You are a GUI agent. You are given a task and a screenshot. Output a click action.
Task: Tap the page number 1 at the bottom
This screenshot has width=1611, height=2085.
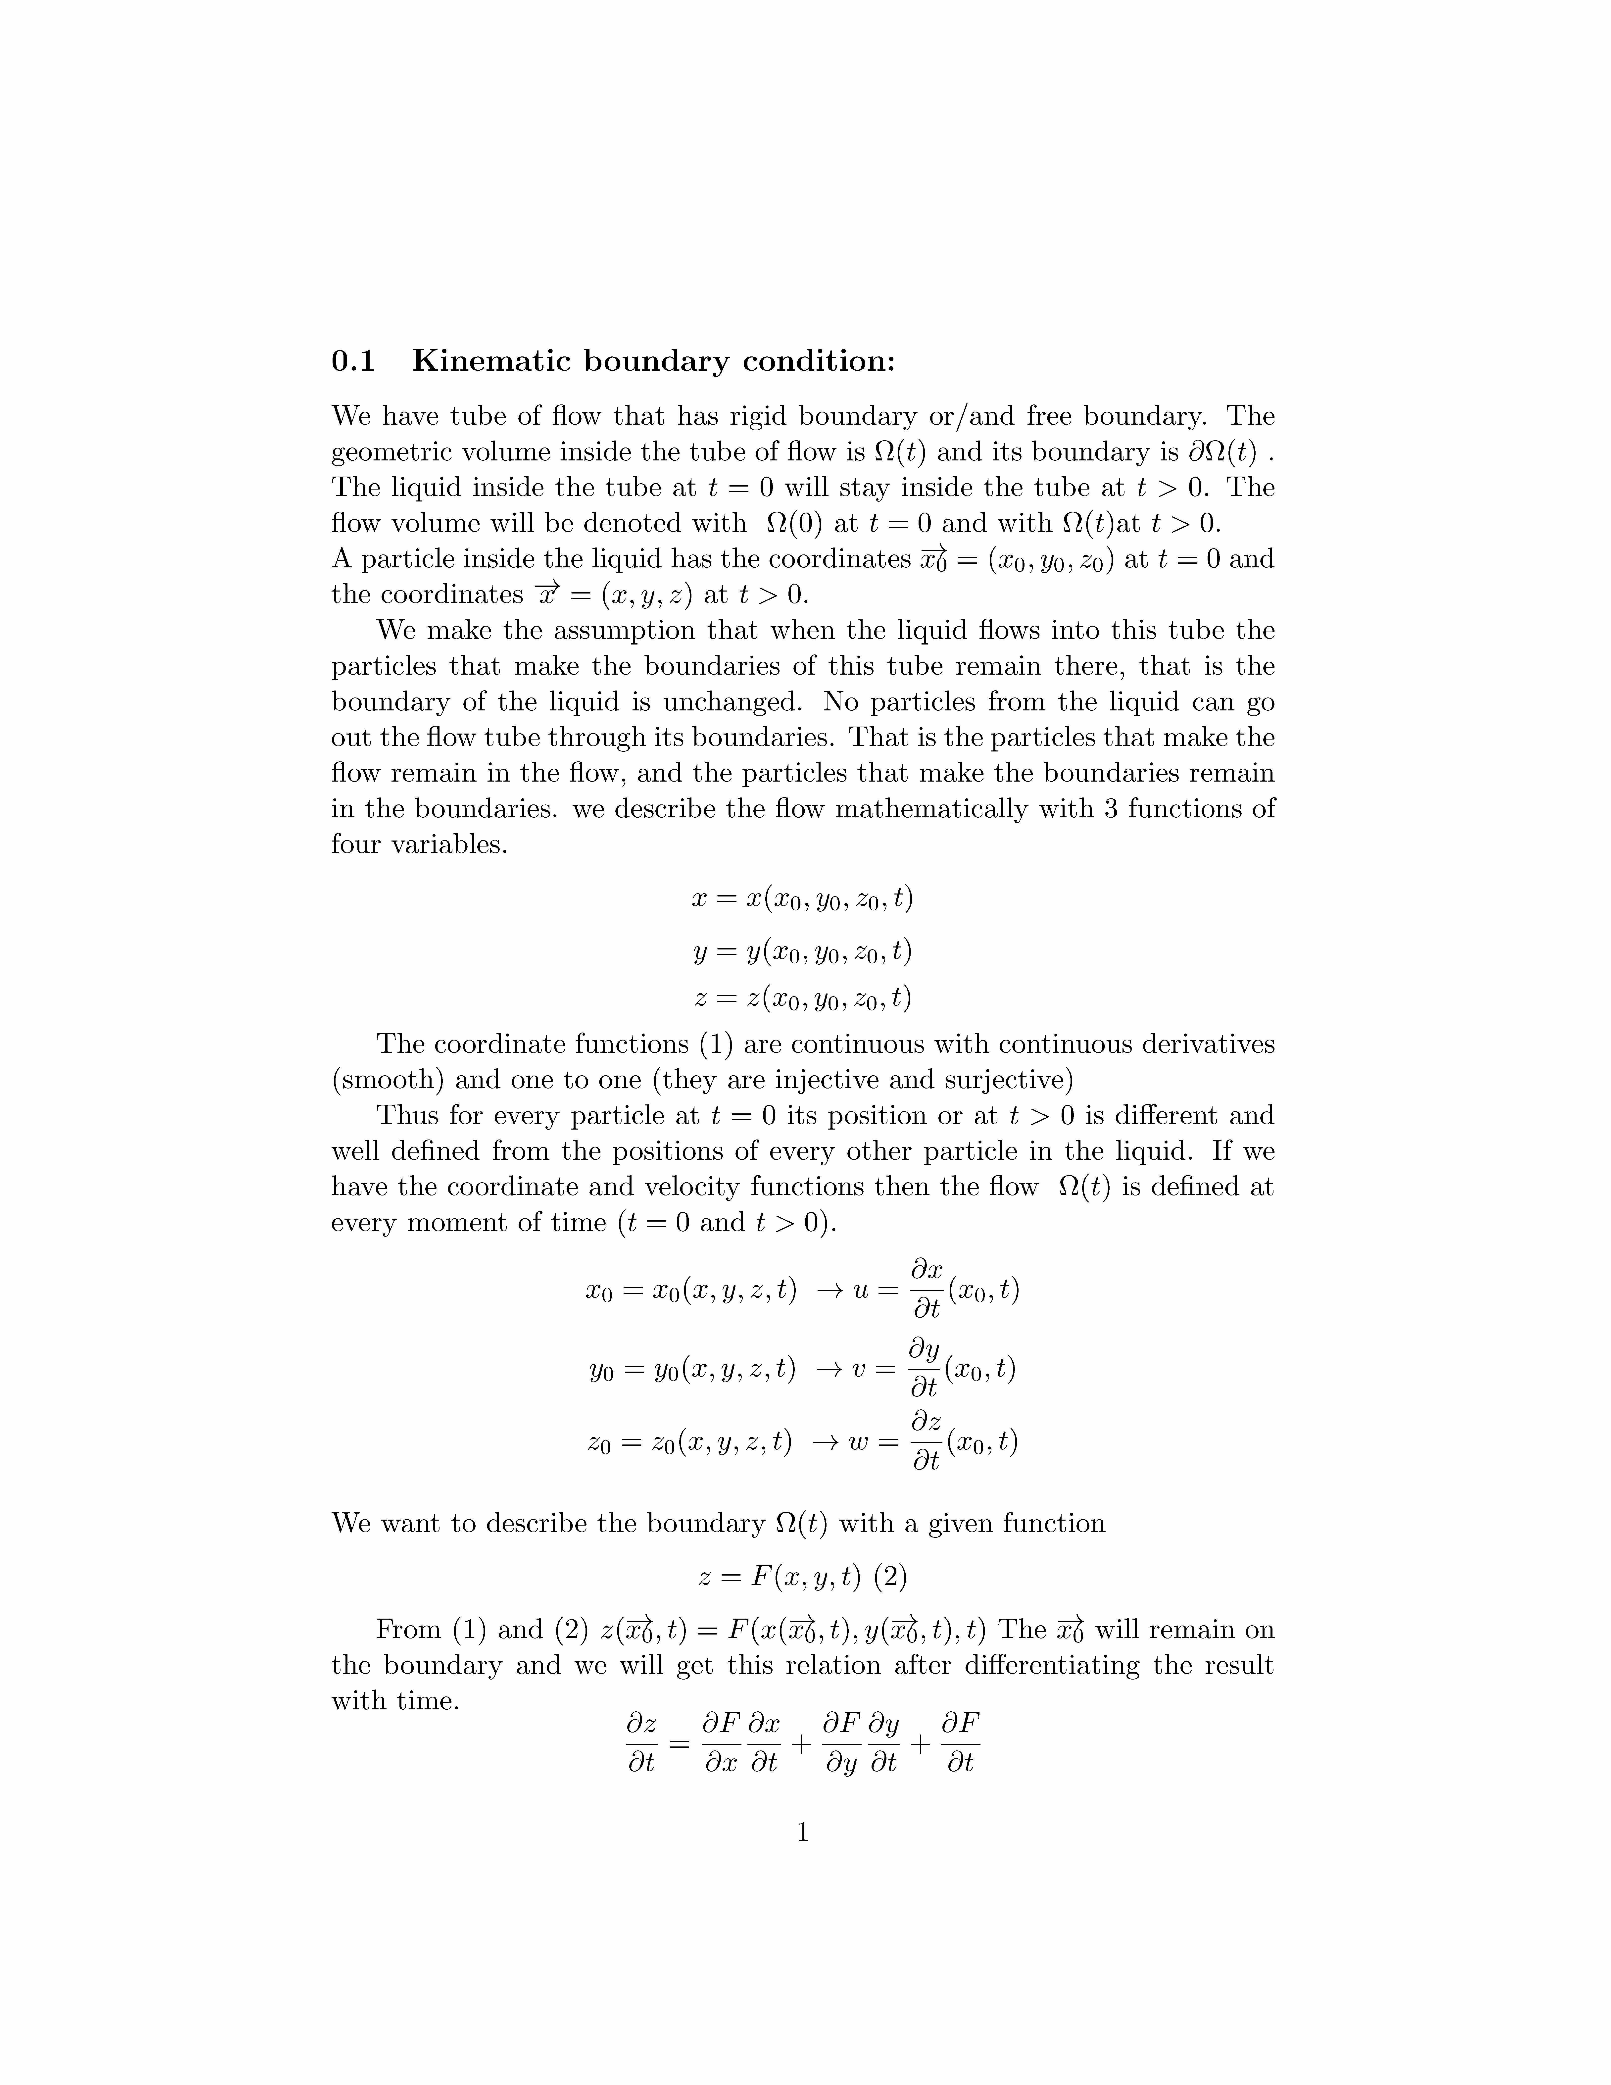point(803,1832)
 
